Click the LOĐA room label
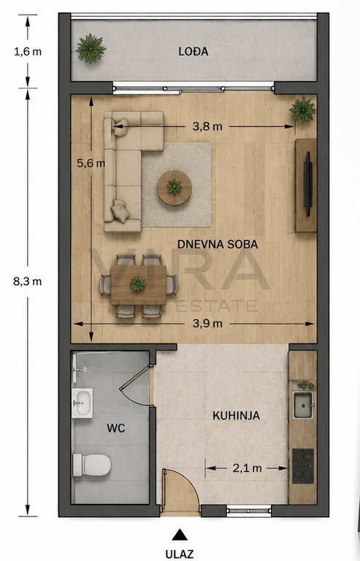coord(194,52)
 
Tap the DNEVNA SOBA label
coord(218,245)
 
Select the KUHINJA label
coord(237,416)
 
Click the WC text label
coord(116,428)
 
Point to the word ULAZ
coord(180,554)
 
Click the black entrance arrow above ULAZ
coord(180,535)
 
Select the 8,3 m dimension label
coord(28,281)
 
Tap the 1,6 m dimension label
coord(28,52)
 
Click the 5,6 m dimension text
coord(91,163)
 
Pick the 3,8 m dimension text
coord(207,126)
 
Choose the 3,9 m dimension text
coord(207,324)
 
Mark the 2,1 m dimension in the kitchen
coord(247,468)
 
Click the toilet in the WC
coord(92,465)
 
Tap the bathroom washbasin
coord(83,403)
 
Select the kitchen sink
coord(303,405)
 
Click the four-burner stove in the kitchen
coord(303,466)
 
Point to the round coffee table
coord(175,188)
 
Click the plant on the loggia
coord(91,49)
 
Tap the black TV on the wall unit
coord(308,184)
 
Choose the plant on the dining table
coord(138,283)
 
